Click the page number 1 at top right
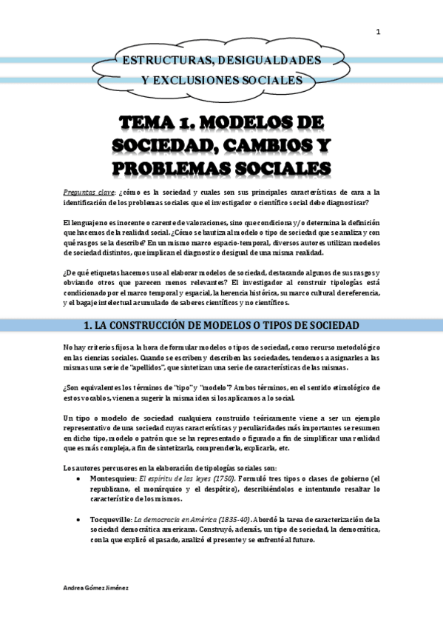378,31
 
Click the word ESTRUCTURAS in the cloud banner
160,59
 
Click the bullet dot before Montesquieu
80,459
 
